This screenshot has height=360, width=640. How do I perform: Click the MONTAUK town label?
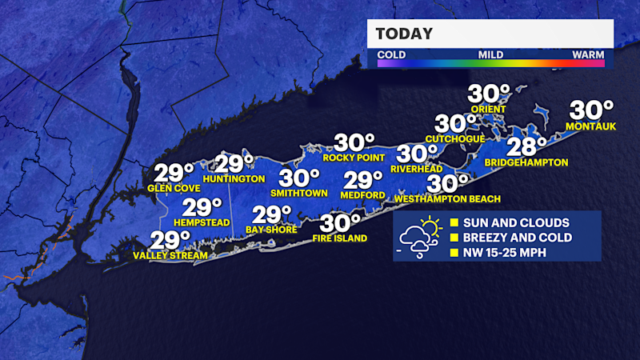point(590,126)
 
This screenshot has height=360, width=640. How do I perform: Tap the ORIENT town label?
point(489,110)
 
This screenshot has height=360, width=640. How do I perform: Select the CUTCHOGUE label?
point(455,138)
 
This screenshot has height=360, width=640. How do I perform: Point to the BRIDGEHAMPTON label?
point(526,162)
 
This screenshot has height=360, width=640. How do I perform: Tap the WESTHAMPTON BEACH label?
point(448,199)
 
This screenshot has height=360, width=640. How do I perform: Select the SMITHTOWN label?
point(295,193)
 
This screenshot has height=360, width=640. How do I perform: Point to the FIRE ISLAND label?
point(341,238)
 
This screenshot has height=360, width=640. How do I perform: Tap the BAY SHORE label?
point(272,230)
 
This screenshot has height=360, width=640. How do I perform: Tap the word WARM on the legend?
point(588,54)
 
